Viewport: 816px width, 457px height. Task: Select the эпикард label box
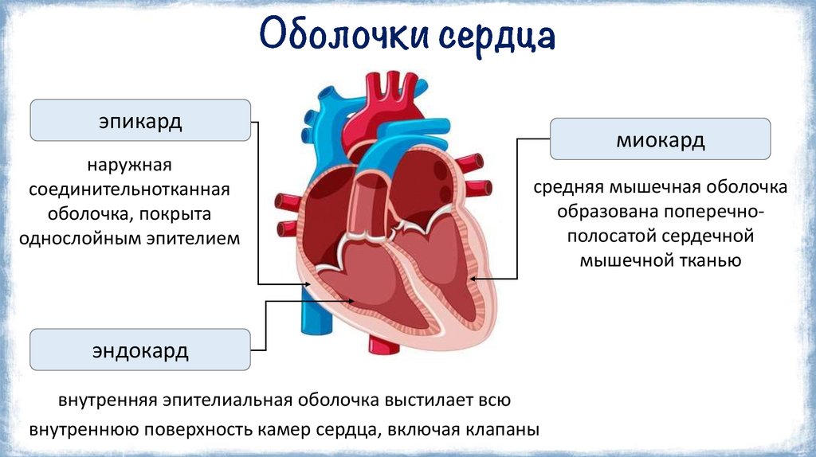140,122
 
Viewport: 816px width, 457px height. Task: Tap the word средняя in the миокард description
569,188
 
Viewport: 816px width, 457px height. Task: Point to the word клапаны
505,429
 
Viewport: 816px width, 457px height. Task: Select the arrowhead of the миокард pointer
472,278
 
